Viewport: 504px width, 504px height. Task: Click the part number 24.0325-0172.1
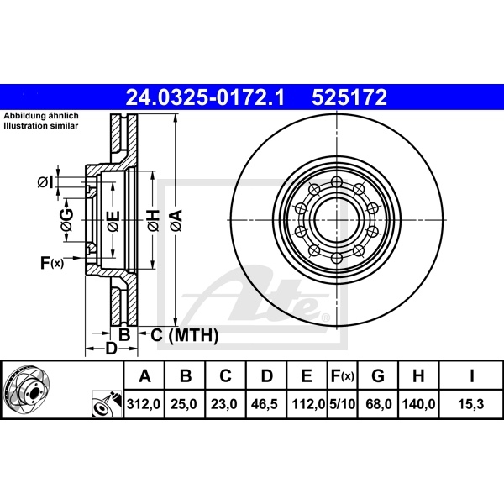click(206, 97)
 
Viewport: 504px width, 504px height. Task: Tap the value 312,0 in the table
click(144, 403)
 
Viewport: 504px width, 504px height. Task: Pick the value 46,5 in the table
click(265, 403)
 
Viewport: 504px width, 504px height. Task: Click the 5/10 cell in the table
click(343, 403)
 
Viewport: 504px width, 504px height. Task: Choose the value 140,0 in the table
click(419, 403)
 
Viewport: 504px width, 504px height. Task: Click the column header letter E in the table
click(306, 375)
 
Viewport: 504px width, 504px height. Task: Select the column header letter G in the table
click(379, 375)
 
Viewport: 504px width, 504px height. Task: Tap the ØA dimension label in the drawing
click(176, 222)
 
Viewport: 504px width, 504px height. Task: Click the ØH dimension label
click(153, 222)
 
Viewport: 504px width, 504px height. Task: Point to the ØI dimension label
click(46, 182)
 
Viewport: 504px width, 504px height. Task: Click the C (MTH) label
click(184, 336)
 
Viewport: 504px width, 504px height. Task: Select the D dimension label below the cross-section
click(109, 349)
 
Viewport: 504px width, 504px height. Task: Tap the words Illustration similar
click(40, 125)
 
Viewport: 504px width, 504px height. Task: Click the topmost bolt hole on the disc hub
click(335, 182)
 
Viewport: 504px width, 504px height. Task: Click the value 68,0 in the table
click(380, 403)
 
